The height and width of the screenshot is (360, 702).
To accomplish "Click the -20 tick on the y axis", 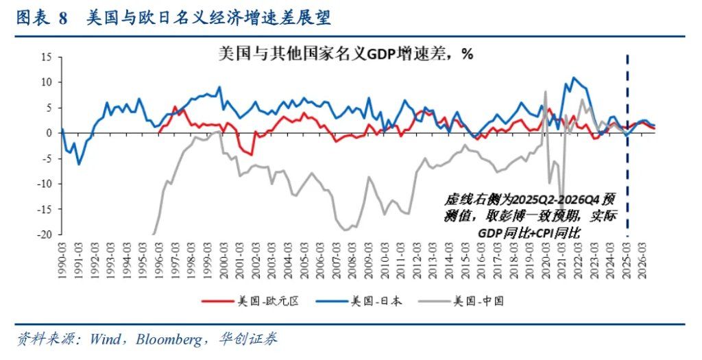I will [45, 234].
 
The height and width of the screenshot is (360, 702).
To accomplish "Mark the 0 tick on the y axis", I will [50, 133].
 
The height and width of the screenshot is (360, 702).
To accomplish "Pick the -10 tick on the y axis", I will [45, 183].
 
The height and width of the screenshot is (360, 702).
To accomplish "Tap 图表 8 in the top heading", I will [41, 19].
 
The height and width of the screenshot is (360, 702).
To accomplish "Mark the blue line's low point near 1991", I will [79, 164].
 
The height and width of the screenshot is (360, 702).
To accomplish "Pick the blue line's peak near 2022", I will [574, 77].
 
